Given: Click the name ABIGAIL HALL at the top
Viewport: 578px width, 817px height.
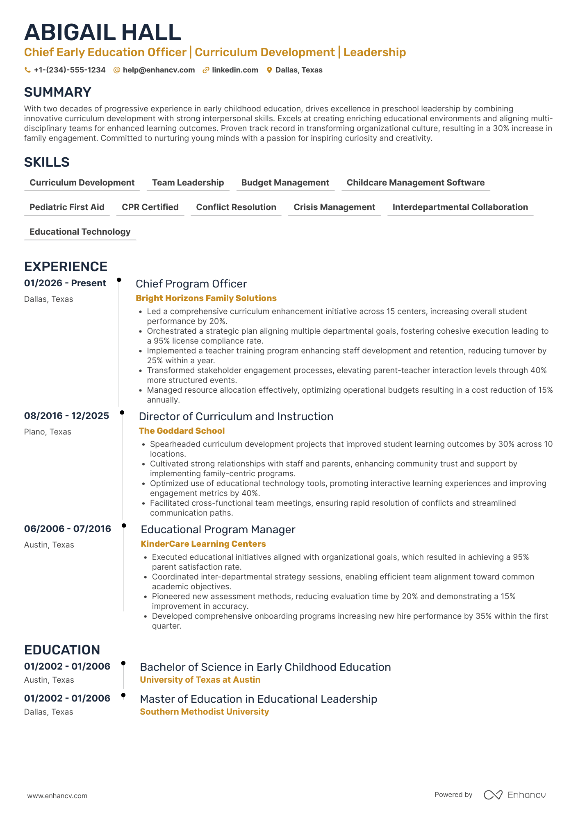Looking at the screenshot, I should coord(102,33).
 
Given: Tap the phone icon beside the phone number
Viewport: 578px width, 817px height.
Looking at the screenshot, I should coord(27,70).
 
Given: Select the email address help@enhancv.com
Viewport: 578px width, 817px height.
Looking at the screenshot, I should coord(159,70).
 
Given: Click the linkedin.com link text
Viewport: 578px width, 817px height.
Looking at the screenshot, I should coord(235,70).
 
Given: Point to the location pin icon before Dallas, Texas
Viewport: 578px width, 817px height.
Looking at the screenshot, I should coord(269,70).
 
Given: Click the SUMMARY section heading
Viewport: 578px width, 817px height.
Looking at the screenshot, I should coord(58,92).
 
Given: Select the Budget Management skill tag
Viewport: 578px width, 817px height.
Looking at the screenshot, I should coord(285,183).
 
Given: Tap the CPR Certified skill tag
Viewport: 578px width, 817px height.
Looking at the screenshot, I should coord(150,207).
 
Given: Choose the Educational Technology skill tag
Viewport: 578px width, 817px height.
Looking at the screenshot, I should coord(80,232).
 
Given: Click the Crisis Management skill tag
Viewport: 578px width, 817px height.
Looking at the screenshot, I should coord(334,207).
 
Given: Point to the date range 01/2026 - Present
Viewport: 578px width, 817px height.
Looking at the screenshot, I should coord(65,283).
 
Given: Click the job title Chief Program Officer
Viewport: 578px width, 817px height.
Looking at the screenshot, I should coord(191,284).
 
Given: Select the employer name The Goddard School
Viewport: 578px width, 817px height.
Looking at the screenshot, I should coord(182,431).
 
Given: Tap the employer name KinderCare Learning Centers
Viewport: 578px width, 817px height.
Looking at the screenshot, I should coord(203,544).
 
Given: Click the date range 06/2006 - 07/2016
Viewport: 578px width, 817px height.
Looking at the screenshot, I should coord(68,529).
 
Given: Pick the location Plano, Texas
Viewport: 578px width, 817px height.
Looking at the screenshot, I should coord(48,432).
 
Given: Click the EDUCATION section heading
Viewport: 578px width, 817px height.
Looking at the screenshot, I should coord(62,650).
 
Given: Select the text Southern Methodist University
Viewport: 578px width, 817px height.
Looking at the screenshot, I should coord(204,712).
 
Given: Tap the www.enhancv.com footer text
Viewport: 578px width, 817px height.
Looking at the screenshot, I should coord(57,796).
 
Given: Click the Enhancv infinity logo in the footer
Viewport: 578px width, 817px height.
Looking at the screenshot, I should coord(493,795).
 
